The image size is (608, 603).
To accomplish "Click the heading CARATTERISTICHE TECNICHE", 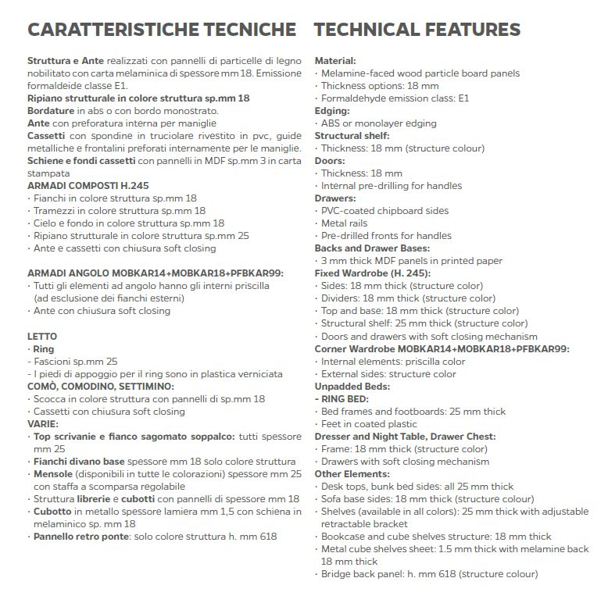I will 161,30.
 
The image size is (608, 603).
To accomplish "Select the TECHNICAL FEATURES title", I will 417,30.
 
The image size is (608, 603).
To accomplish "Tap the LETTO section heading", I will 42,336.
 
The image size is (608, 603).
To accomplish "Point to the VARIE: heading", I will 43,423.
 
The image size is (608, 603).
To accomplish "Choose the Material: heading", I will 335,61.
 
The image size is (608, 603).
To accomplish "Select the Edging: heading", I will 332,111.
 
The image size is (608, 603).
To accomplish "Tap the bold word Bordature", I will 51,111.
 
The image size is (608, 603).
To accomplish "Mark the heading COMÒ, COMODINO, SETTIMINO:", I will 101,386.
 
